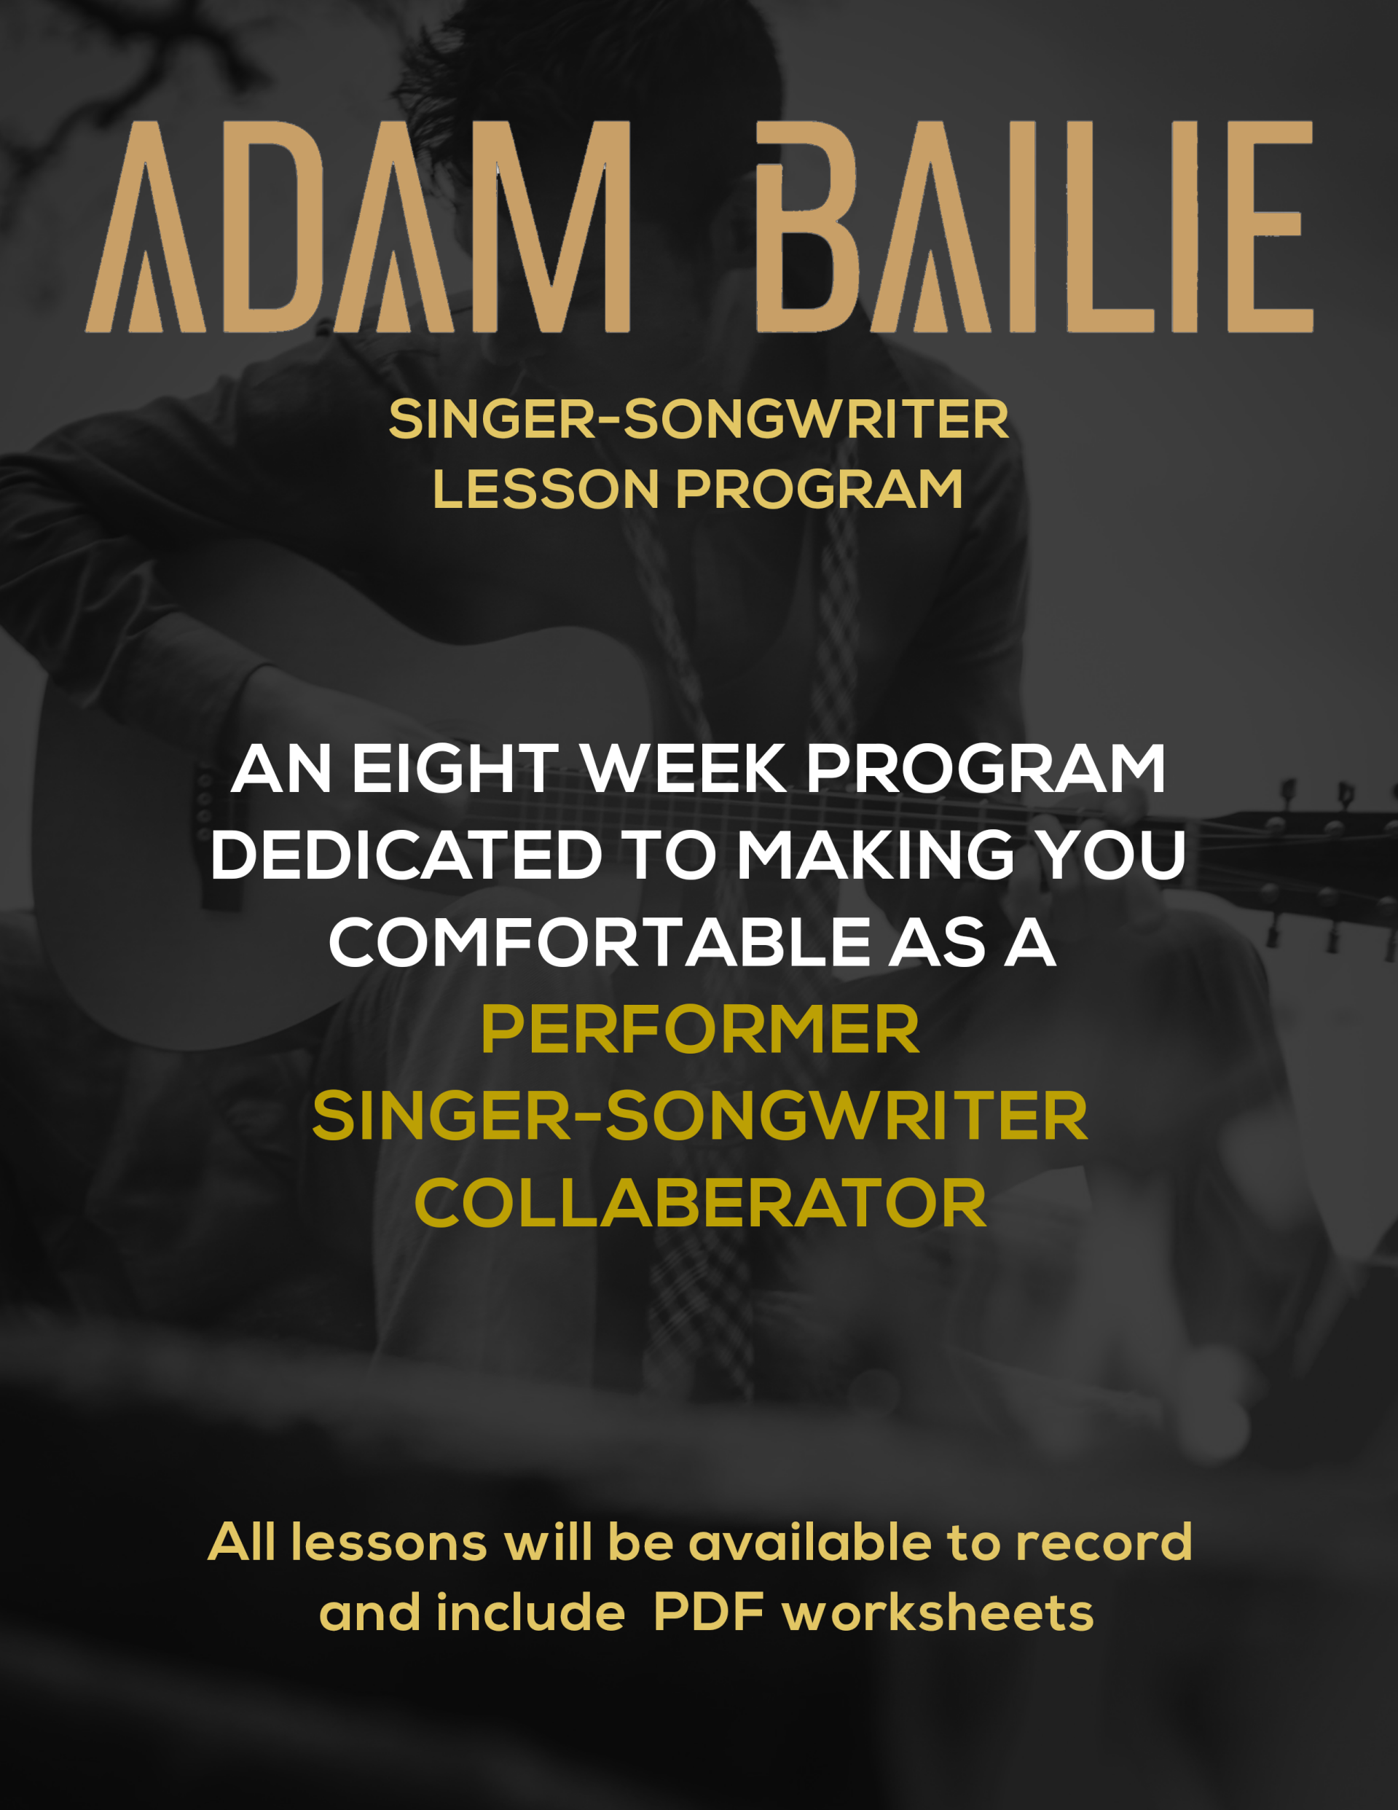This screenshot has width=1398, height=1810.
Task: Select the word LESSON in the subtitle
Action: click(545, 489)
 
